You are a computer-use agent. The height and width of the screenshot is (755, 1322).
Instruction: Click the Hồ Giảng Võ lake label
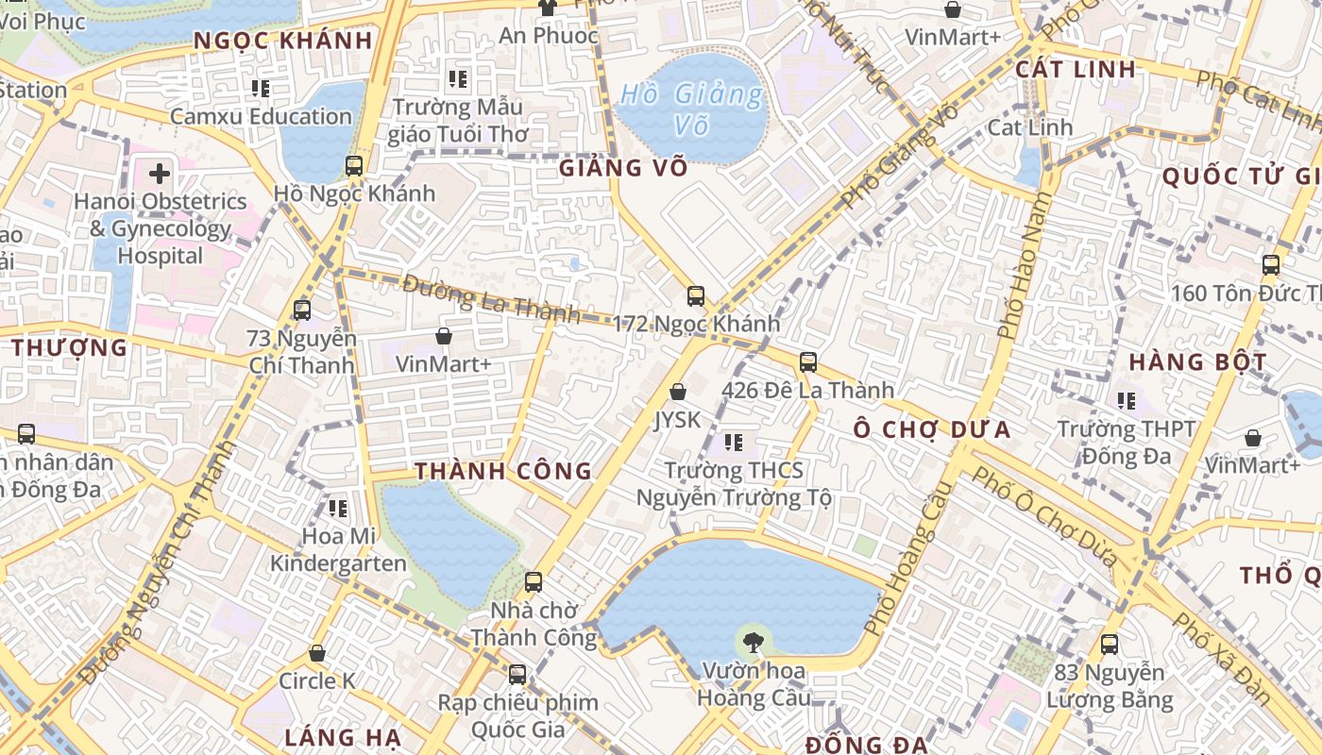coord(692,109)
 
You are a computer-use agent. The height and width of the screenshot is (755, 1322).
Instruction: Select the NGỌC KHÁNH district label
coord(283,41)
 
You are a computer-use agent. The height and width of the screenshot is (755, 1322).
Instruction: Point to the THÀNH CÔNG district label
coord(503,471)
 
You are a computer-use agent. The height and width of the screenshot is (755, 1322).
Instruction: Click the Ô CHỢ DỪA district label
coord(932,430)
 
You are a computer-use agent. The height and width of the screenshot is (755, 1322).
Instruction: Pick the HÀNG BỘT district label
coord(1197,361)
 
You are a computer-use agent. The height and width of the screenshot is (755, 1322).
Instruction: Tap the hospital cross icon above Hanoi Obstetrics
coord(160,173)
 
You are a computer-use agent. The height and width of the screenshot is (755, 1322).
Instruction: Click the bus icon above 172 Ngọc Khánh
coord(696,295)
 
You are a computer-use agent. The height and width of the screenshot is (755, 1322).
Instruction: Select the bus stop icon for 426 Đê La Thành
coord(807,361)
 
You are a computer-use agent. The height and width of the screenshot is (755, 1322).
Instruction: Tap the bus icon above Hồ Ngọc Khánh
coord(354,166)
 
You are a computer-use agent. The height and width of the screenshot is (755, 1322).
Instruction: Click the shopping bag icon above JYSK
coord(677,391)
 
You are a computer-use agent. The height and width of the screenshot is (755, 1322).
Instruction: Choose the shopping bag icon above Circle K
coord(317,653)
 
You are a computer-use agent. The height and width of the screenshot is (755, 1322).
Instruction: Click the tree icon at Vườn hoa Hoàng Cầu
coord(753,643)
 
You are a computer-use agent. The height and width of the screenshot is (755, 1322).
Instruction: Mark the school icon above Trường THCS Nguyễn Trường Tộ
coord(734,442)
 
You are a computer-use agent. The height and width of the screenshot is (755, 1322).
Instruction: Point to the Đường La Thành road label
coord(491,298)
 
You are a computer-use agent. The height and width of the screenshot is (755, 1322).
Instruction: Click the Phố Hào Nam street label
coord(1023,266)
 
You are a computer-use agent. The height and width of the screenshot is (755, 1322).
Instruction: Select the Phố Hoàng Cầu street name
coord(905,559)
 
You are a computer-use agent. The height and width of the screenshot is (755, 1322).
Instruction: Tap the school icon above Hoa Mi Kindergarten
coord(338,509)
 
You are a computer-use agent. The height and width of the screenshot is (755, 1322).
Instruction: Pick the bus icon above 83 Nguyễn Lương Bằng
coord(1110,646)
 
